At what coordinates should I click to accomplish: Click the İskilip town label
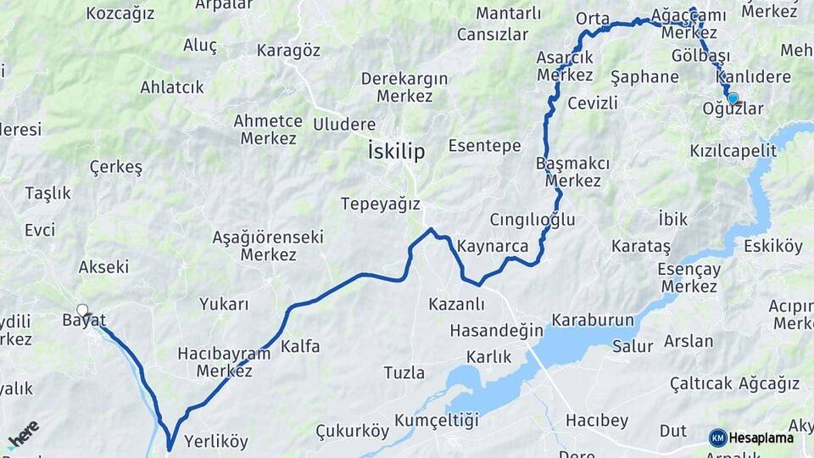[x=396, y=151]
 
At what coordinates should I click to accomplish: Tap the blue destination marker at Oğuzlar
[x=733, y=98]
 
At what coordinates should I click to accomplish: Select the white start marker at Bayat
[x=82, y=310]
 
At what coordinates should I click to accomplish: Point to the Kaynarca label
[x=493, y=246]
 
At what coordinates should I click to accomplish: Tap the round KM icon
[x=718, y=438]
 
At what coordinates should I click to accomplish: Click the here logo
[x=24, y=433]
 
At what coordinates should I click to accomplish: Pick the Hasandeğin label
[x=496, y=330]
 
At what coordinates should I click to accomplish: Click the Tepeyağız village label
[x=381, y=204]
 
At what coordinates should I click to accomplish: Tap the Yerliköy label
[x=216, y=441]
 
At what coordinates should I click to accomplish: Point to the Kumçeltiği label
[x=437, y=420]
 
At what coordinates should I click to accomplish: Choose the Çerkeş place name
[x=116, y=167]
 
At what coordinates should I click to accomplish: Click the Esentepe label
[x=484, y=145]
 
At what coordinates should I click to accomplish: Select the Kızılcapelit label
[x=733, y=150]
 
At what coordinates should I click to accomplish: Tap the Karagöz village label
[x=288, y=50]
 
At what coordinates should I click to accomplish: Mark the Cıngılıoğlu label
[x=532, y=220]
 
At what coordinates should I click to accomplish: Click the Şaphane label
[x=644, y=77]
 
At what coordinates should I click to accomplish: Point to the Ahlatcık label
[x=172, y=87]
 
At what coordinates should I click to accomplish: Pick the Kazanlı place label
[x=456, y=304]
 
